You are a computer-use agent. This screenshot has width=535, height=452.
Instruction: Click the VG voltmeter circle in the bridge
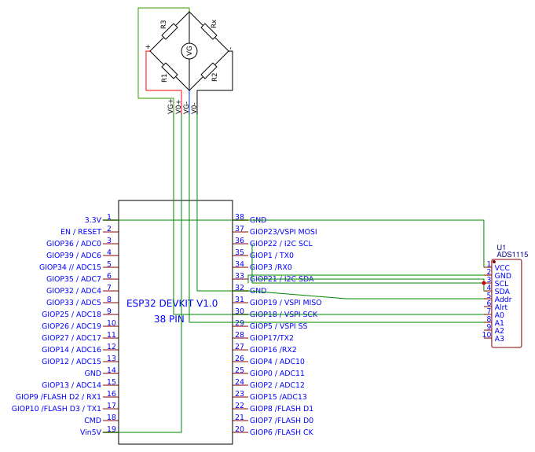tap(189, 51)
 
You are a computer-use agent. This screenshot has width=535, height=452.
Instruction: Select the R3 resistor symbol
tap(169, 31)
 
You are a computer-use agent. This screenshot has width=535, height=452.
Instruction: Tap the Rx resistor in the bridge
tap(209, 31)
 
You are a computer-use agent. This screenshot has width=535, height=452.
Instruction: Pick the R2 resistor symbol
tap(209, 72)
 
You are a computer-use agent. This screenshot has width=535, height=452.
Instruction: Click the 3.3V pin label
tap(92, 220)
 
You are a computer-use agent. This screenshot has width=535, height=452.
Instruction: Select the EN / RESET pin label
tap(81, 232)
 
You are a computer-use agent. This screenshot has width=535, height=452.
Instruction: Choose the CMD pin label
tap(93, 420)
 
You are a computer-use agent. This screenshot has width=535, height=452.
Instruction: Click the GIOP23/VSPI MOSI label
tap(284, 232)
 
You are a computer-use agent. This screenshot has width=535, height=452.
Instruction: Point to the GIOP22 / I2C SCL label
tap(280, 244)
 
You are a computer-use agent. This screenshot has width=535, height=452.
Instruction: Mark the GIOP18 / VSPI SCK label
tap(284, 314)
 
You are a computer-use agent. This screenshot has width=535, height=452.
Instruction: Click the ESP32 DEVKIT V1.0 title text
tap(172, 303)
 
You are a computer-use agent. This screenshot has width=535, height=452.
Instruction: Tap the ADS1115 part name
tap(512, 255)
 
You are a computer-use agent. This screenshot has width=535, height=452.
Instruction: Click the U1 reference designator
tap(501, 247)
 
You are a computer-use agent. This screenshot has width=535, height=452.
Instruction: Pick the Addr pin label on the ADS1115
tap(503, 299)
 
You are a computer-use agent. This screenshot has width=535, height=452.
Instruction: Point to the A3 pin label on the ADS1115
tap(499, 339)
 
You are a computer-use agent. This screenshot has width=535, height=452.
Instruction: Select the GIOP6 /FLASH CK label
tap(281, 432)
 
